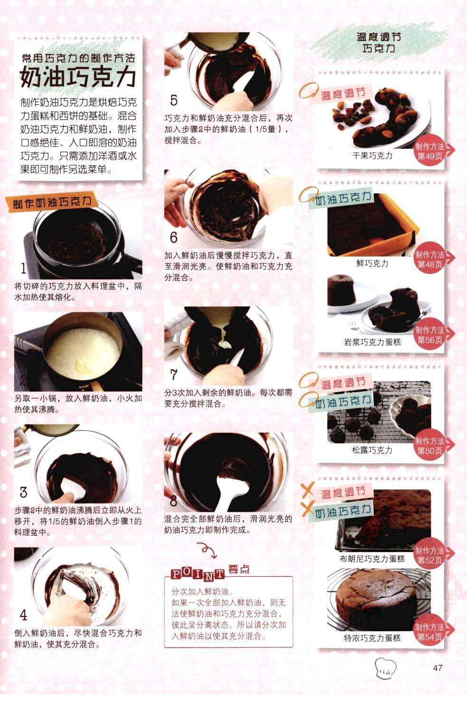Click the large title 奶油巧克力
pos(78,76)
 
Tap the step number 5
pos(173,100)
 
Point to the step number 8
pos(173,501)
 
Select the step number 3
pos(23,492)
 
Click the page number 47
pos(438,668)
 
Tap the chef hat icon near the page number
pos(385,668)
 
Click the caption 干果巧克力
pos(372,156)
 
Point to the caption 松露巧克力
pos(372,450)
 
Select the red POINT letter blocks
pos(197,574)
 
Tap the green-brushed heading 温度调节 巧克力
pos(379,42)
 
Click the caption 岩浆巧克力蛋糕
pos(372,343)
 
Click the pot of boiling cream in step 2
pos(83,349)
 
